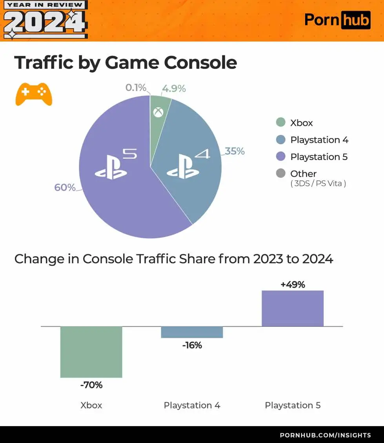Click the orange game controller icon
click(34, 94)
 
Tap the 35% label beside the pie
click(235, 151)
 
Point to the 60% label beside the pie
click(65, 188)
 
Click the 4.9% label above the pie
click(174, 89)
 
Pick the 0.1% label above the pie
click(136, 88)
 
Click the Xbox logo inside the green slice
click(158, 113)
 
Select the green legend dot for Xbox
click(280, 122)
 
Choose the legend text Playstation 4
click(319, 140)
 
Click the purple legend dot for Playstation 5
click(280, 157)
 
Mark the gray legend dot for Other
click(280, 173)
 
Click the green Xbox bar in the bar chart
click(91, 352)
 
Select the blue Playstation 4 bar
click(192, 332)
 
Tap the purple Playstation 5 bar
click(293, 308)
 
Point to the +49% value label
click(293, 285)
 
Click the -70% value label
click(91, 385)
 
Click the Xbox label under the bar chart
click(91, 405)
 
